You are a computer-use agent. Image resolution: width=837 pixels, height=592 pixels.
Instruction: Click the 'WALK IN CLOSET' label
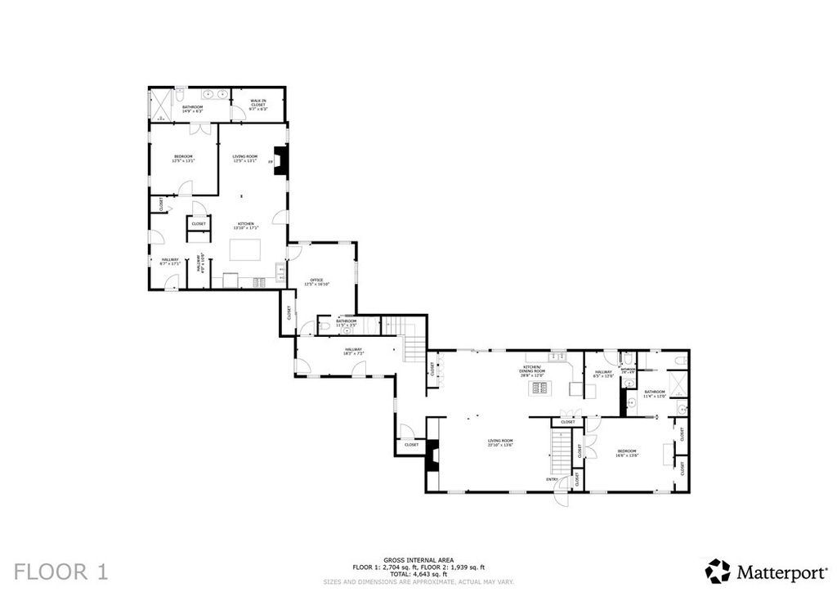(257, 105)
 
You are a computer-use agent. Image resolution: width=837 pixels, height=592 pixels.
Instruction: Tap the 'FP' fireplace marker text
(271, 162)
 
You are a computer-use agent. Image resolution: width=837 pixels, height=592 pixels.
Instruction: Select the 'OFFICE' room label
(317, 282)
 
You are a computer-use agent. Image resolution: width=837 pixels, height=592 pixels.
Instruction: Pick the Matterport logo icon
(718, 570)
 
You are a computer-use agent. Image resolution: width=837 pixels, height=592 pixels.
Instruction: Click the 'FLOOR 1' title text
(61, 571)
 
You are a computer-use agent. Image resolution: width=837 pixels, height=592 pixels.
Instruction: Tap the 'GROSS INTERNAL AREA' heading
(418, 560)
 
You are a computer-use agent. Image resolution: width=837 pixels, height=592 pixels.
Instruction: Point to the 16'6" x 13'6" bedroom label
(627, 453)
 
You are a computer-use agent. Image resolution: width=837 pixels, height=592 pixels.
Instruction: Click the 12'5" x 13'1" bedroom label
(182, 159)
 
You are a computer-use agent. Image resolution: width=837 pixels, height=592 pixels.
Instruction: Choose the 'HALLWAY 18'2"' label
(352, 351)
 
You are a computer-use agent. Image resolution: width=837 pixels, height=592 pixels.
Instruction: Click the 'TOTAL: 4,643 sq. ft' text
(418, 573)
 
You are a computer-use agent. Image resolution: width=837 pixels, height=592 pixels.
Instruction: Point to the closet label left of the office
(289, 312)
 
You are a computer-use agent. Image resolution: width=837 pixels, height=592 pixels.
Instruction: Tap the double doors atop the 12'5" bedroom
(200, 128)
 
